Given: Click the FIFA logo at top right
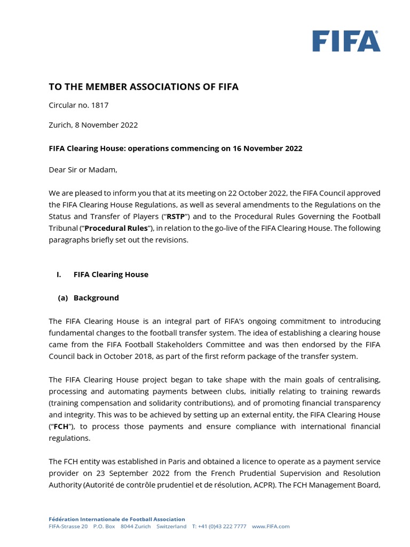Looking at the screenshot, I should [x=346, y=41].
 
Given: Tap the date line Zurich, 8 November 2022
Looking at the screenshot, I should [x=93, y=125].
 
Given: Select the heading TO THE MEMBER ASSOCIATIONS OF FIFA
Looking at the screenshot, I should [x=144, y=87].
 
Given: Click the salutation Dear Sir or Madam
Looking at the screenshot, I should [x=83, y=170].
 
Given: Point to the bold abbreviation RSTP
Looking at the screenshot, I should [x=174, y=216].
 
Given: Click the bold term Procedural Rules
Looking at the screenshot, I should [x=115, y=228].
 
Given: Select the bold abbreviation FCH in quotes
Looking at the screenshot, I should [x=61, y=426].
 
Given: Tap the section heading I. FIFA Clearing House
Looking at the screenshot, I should [x=102, y=275].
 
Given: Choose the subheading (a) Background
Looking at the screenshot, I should [x=89, y=298].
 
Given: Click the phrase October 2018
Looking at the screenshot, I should [x=131, y=356].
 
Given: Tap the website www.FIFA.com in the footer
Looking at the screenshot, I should [x=271, y=526].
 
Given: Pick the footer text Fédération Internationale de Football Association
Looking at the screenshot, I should [x=117, y=519].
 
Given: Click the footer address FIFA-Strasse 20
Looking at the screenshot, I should [x=68, y=526].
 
